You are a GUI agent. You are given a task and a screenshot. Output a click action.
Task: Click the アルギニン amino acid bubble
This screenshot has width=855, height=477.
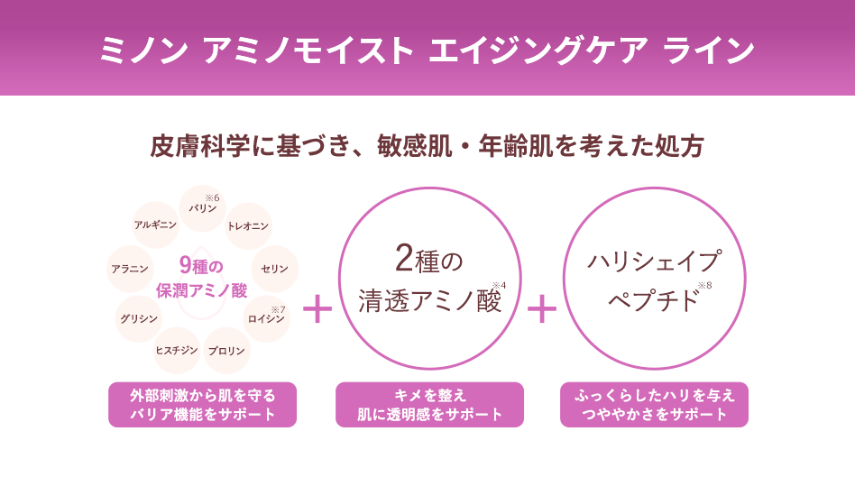(156, 225)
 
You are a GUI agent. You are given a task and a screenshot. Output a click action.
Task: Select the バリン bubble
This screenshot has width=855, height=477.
(203, 208)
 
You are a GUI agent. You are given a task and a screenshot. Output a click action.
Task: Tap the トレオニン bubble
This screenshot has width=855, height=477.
(248, 226)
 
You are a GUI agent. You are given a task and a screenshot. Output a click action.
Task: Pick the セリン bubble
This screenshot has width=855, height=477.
(274, 269)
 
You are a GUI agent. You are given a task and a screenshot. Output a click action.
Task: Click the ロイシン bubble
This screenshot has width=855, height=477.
(266, 319)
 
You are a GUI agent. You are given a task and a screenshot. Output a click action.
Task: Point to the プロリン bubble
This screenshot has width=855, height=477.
(226, 351)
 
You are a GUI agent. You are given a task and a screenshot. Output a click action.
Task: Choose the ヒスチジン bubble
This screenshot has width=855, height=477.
(177, 351)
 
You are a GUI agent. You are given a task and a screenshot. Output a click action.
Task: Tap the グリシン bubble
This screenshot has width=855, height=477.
(139, 319)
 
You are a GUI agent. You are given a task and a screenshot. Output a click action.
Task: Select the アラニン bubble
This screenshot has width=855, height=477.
(130, 269)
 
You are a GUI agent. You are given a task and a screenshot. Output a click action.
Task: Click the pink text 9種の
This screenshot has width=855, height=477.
(201, 266)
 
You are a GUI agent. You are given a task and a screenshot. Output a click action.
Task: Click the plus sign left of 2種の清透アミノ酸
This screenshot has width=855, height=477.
(317, 309)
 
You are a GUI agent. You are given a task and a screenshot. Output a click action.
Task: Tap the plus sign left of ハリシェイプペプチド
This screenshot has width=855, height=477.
(541, 309)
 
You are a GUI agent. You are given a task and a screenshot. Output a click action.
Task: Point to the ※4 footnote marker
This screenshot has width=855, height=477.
(499, 285)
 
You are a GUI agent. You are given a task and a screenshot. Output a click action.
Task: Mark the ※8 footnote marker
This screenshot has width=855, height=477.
(704, 285)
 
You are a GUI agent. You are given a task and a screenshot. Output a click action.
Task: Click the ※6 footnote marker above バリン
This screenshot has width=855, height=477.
(212, 197)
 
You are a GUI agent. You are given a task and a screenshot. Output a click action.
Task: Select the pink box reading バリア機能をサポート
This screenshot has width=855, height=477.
(202, 405)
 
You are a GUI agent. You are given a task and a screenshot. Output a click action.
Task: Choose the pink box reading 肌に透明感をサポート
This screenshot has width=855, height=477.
(429, 405)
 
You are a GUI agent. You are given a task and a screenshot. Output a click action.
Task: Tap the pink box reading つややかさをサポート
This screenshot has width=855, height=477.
(655, 405)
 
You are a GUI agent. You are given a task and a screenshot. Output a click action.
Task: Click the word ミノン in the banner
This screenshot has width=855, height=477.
(144, 50)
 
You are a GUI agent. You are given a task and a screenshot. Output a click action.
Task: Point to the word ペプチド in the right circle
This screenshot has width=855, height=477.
(653, 300)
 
